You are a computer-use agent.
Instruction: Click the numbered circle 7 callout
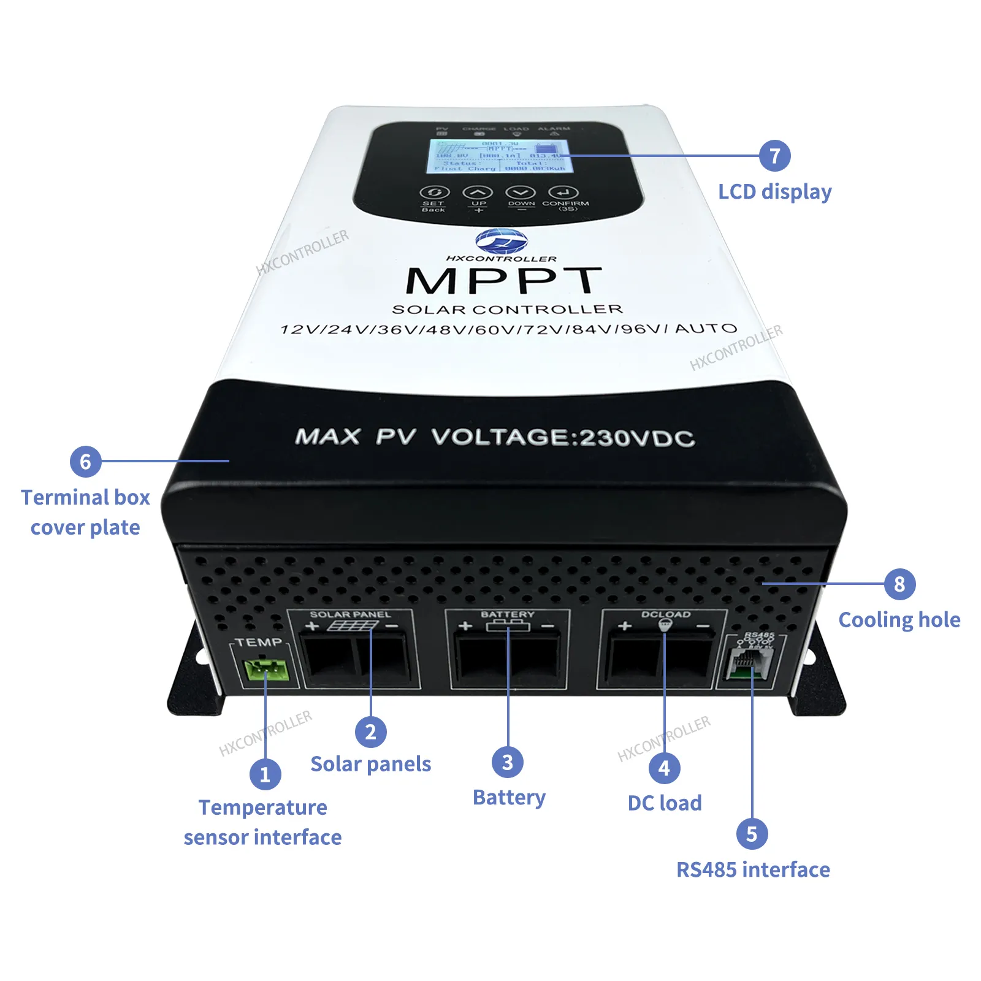[774, 156]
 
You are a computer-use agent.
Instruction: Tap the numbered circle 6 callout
[85, 461]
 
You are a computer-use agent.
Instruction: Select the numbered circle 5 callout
[752, 834]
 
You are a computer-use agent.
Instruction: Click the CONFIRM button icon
[563, 193]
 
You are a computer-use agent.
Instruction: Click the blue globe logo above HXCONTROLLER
[501, 240]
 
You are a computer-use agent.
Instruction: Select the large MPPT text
[503, 281]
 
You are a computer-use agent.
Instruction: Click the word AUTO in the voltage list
[706, 329]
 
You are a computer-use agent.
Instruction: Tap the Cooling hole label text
[899, 620]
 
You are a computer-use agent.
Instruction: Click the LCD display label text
[774, 192]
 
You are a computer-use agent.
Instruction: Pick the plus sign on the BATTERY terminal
[465, 626]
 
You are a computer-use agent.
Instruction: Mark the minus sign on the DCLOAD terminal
[703, 626]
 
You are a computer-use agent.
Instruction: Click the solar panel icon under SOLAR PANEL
[352, 625]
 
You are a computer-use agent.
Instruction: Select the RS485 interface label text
[753, 869]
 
